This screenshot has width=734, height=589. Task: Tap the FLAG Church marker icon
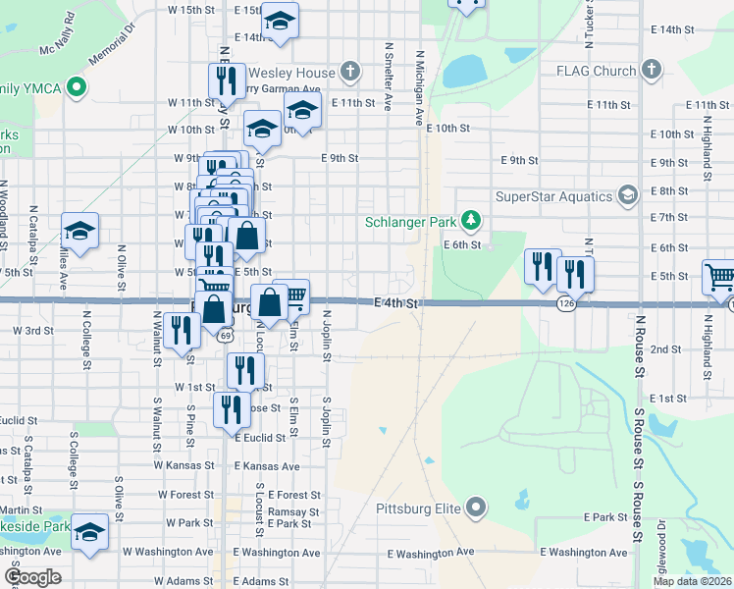651,70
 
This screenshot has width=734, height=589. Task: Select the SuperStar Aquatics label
553,195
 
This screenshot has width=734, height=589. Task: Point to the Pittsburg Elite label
417,509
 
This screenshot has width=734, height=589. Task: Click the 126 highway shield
566,304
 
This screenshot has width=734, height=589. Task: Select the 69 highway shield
227,335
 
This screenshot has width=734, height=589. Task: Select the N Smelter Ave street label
390,76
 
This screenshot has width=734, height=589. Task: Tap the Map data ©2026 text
692,581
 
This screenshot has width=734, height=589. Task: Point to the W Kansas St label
183,465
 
